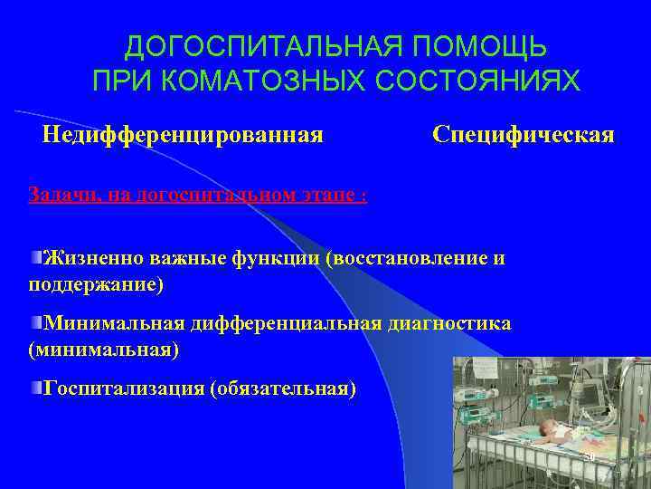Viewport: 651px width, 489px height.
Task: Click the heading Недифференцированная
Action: (x=184, y=135)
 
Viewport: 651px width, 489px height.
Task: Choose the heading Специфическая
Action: (x=524, y=135)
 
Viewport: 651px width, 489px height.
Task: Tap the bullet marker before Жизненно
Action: (x=36, y=258)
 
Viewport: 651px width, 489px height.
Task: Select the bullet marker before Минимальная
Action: (x=36, y=322)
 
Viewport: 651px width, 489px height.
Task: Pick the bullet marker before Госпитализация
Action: (x=36, y=387)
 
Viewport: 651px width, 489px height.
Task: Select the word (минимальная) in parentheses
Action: (x=104, y=349)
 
